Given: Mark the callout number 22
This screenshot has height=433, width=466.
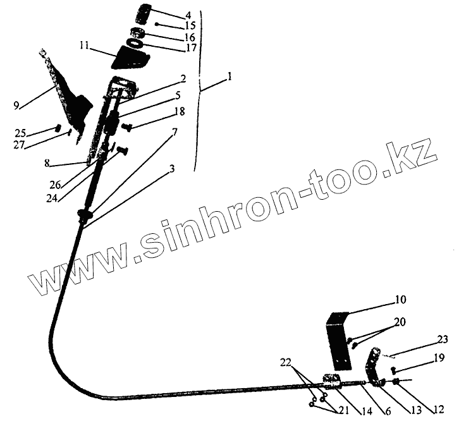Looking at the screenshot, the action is point(287,363).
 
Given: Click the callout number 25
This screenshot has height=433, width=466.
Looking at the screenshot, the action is point(21,133).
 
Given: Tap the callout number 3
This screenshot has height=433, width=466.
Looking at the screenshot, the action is point(171,169).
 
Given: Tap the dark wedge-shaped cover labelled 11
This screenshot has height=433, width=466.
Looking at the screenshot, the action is point(131,59).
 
